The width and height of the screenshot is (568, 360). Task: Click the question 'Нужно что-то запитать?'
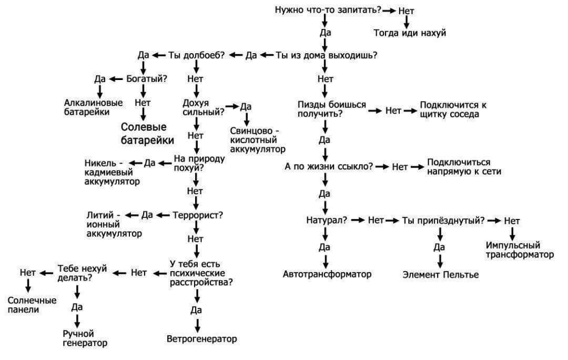(x=328, y=9)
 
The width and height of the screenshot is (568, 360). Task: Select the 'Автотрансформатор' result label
(x=327, y=274)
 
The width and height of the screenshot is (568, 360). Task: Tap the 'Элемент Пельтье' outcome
(x=440, y=275)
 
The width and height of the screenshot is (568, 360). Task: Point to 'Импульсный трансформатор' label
(x=520, y=250)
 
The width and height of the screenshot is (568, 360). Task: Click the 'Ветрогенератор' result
(x=201, y=338)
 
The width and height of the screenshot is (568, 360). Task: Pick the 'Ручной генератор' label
(x=84, y=338)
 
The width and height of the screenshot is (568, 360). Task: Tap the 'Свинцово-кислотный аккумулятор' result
(x=255, y=140)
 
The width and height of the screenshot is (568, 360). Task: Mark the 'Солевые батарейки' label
(x=147, y=134)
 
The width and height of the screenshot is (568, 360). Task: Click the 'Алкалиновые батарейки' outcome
(x=94, y=107)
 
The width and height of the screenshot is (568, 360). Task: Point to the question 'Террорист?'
(x=198, y=215)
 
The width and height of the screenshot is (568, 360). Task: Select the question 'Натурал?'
(x=326, y=220)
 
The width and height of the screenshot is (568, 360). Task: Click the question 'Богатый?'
(x=147, y=79)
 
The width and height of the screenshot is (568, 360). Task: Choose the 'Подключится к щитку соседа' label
(x=453, y=109)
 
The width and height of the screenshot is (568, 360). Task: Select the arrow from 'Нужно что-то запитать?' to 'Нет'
(x=389, y=10)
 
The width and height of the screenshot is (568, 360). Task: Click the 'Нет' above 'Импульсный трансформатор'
(x=512, y=221)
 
